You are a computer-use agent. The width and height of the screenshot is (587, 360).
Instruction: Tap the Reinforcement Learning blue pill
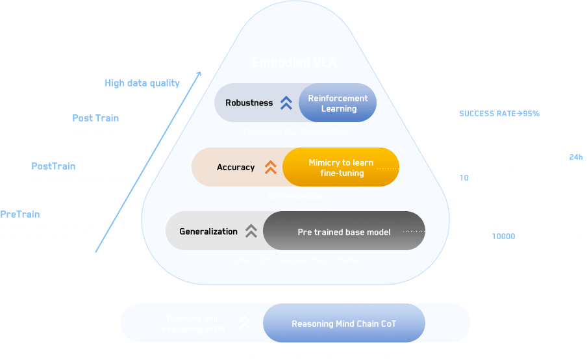pos(338,103)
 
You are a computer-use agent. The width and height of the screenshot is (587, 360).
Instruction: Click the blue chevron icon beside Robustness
pos(286,103)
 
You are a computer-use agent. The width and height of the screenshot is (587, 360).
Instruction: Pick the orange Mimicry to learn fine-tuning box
pos(341,168)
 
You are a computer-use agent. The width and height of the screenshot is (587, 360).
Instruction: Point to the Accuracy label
pos(236,167)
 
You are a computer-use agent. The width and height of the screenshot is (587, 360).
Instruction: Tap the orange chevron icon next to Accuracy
pos(270,167)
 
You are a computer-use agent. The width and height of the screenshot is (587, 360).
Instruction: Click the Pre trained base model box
pos(344,231)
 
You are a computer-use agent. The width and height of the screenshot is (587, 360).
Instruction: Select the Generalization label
pos(208,231)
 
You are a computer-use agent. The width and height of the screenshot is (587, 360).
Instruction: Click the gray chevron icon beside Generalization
pos(250,231)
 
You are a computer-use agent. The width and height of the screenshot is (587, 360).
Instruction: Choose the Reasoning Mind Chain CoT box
pos(343,324)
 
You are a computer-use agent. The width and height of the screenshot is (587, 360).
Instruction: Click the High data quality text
pos(142,83)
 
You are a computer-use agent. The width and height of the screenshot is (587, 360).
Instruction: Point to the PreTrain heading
pos(20,214)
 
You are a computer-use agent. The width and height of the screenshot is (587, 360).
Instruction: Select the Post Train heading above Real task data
pos(95,118)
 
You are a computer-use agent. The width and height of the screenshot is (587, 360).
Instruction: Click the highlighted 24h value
pos(576,157)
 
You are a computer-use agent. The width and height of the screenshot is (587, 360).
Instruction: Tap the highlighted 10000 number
pos(503,237)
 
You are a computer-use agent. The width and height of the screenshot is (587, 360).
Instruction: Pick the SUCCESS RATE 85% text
pos(499,114)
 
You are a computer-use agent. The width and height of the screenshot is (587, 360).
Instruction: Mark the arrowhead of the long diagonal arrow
pos(200,74)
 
